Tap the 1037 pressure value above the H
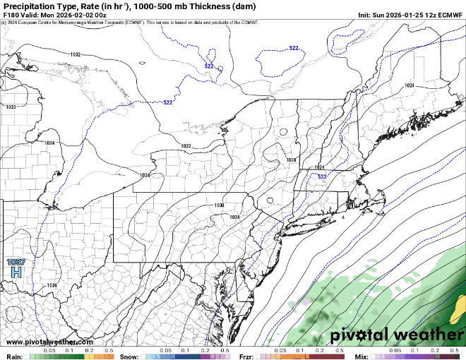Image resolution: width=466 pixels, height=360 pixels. point(16,262)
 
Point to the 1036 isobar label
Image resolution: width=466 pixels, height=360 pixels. point(52,285)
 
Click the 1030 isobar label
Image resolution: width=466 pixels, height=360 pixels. point(219,205)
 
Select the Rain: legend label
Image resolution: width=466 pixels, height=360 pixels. point(13,356)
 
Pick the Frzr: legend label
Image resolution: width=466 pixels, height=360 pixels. point(246,356)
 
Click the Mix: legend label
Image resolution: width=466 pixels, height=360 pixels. point(361,356)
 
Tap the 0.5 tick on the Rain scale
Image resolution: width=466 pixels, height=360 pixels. point(109,350)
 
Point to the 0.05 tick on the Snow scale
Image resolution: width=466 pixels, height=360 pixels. point(165,350)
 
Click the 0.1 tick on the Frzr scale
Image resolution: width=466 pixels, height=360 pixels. point(300,350)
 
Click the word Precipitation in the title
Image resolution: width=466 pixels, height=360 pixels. point(32,6)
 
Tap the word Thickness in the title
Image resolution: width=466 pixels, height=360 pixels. point(197,6)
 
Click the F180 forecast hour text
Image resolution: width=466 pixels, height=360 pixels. point(13,14)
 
